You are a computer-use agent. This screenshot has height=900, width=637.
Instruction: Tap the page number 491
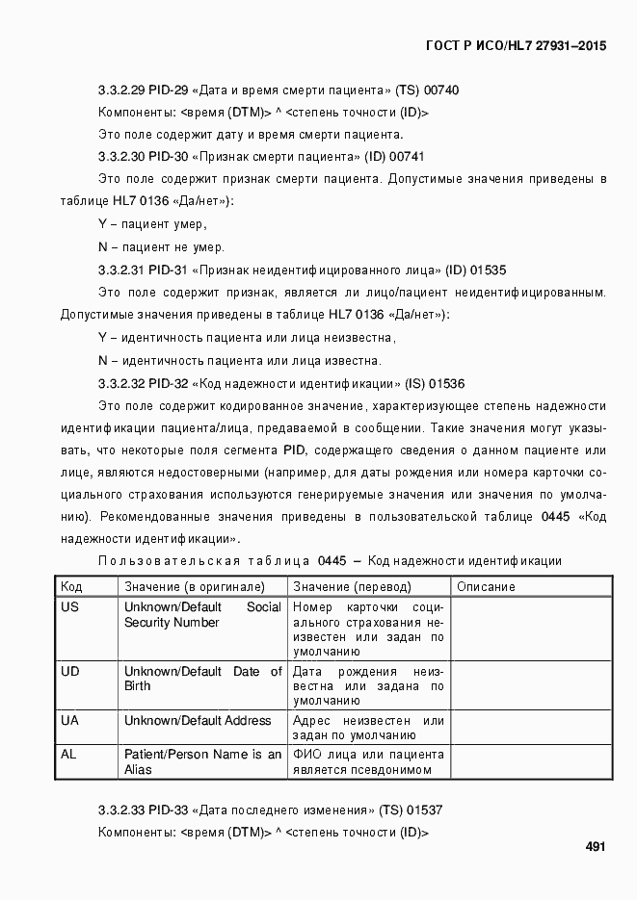click(595, 847)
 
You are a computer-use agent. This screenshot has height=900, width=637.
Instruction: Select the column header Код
click(71, 586)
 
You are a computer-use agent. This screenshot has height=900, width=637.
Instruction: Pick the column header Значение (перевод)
click(352, 586)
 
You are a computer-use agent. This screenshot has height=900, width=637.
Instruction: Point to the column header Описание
click(486, 586)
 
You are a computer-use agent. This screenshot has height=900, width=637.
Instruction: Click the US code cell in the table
click(69, 607)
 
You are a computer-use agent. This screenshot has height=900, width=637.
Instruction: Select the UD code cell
click(69, 671)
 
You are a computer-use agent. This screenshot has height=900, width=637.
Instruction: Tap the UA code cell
click(69, 720)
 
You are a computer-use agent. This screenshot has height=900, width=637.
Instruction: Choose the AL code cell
click(68, 754)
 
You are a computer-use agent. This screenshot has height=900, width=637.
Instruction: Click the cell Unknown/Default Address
click(198, 720)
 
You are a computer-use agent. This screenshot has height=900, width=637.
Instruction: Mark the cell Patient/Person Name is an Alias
click(202, 761)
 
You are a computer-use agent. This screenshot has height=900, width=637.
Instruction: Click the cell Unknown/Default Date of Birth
click(202, 679)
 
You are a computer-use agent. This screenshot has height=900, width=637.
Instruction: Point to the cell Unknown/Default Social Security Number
click(202, 615)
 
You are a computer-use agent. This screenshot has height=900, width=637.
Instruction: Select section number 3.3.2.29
click(121, 90)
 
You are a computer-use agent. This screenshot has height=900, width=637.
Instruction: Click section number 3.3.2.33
click(121, 810)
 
